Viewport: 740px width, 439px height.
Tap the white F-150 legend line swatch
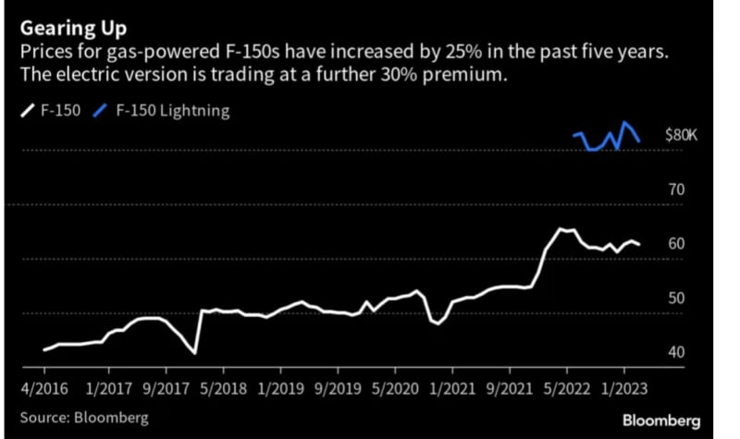pos(25,111)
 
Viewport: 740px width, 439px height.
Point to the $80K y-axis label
pos(684,135)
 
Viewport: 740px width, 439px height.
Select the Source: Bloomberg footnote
pos(84,418)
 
